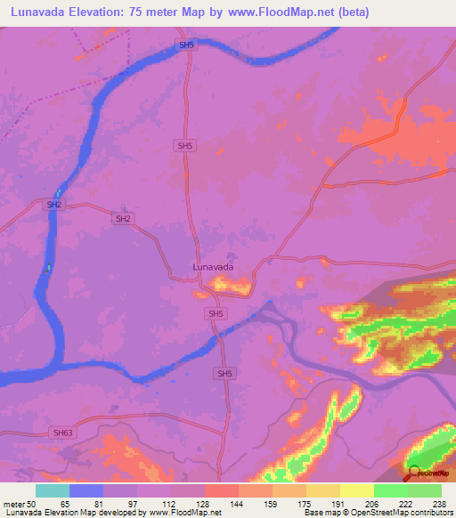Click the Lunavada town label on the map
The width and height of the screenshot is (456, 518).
[214, 266]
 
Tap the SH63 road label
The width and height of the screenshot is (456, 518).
[61, 433]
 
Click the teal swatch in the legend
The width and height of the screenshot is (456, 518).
[53, 490]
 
